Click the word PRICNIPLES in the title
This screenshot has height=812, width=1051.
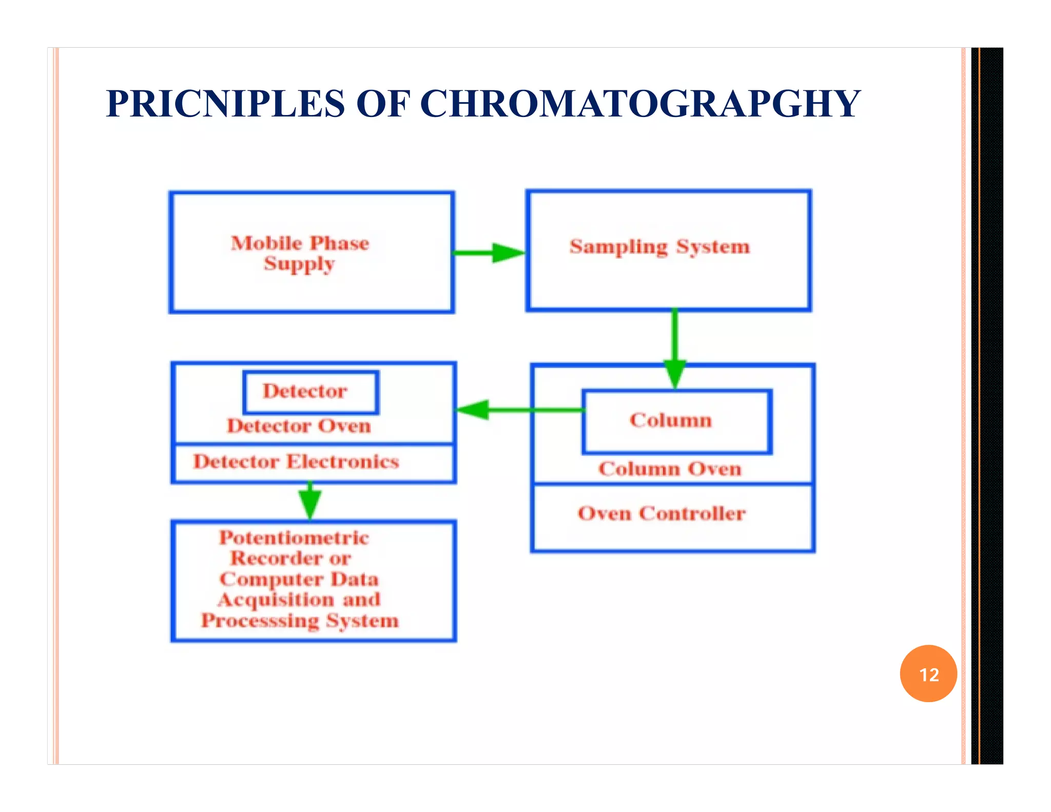tap(225, 104)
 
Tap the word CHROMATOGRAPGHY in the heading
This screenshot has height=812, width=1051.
tap(640, 104)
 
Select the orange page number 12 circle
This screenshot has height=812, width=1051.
tap(928, 673)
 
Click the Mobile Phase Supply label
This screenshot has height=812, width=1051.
tap(300, 253)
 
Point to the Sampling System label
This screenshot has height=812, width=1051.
tap(659, 247)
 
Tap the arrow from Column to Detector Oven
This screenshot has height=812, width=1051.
tap(518, 410)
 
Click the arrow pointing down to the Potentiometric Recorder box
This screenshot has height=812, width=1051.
tap(310, 500)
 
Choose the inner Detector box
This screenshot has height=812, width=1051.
tap(310, 392)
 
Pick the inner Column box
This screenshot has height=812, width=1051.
tap(676, 421)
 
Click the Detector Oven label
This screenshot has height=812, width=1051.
tap(299, 426)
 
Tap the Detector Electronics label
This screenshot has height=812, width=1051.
tap(296, 461)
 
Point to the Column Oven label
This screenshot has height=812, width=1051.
tap(670, 469)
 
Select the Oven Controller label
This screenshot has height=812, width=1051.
tap(661, 513)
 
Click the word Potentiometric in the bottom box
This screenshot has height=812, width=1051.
tap(294, 538)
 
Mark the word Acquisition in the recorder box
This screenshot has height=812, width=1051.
tap(276, 600)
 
